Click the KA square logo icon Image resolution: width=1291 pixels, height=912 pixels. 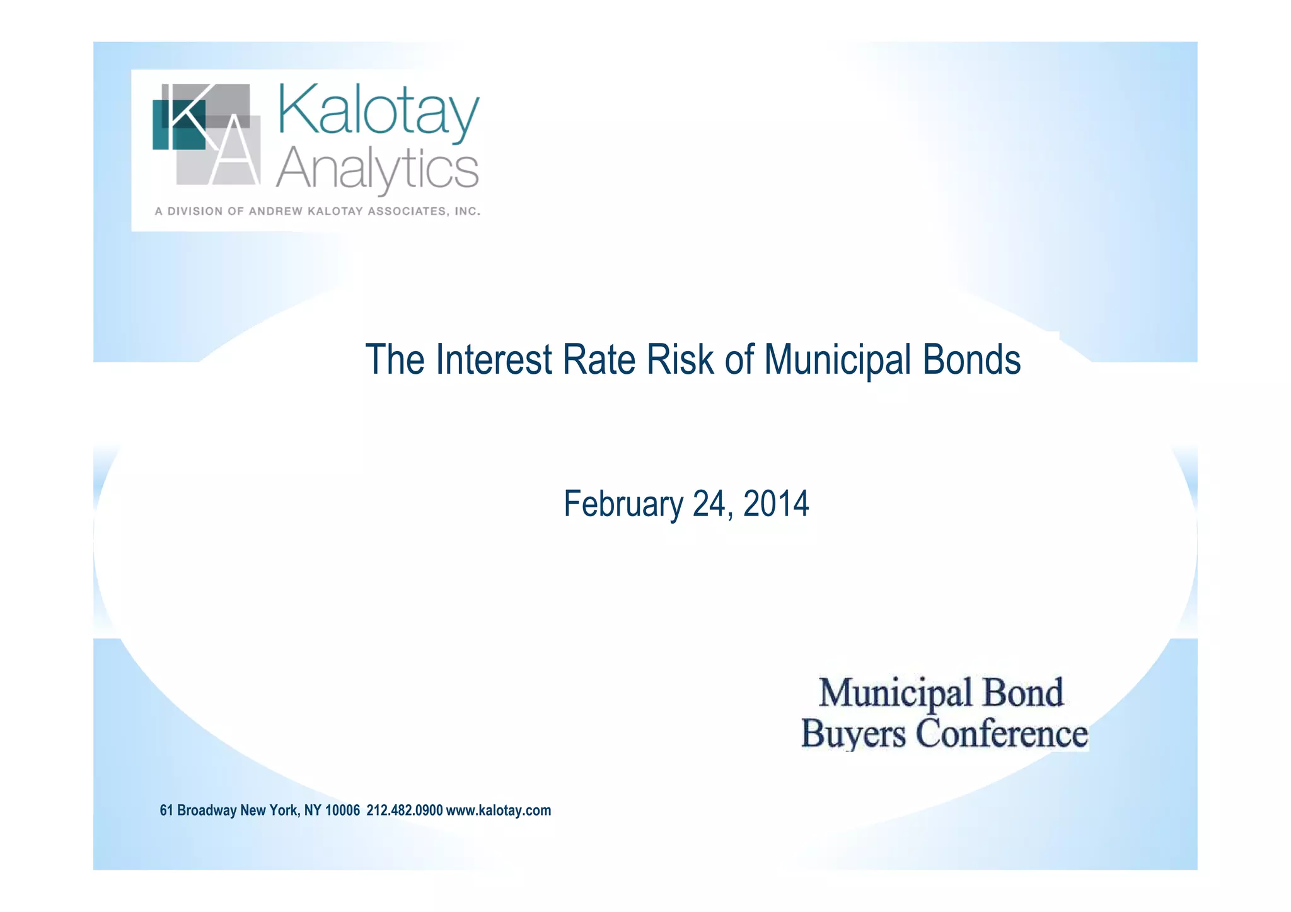pyautogui.click(x=206, y=134)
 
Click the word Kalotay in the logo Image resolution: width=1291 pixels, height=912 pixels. pyautogui.click(x=378, y=112)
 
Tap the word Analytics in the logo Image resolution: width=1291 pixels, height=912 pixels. pyautogui.click(x=377, y=169)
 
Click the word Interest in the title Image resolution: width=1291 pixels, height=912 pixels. pyautogui.click(x=494, y=360)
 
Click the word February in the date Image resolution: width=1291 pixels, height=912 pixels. pyautogui.click(x=623, y=504)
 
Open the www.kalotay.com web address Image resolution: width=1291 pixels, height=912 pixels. pyautogui.click(x=498, y=811)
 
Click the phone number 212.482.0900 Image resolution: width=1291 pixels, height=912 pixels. pyautogui.click(x=404, y=811)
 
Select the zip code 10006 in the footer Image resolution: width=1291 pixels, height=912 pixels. pyautogui.click(x=342, y=811)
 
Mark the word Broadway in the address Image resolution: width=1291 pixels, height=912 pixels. pyautogui.click(x=207, y=811)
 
